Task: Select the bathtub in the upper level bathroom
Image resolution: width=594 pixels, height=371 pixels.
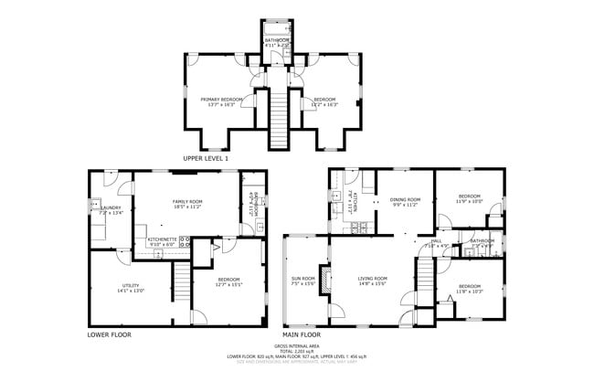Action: point(277,27)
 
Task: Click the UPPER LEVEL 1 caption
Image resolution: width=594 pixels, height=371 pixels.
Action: point(206,158)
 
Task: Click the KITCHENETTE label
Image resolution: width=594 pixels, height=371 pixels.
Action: point(164,239)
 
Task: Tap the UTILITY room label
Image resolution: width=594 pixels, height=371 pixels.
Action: point(132,287)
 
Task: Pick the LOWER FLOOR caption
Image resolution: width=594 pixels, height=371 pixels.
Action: point(110,334)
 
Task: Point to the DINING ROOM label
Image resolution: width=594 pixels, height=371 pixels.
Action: point(405,199)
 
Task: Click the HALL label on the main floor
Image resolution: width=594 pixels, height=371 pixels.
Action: point(434,241)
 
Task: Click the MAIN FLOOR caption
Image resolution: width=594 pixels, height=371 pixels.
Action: point(303,334)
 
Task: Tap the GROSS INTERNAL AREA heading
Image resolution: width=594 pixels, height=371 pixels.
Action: point(297,346)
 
